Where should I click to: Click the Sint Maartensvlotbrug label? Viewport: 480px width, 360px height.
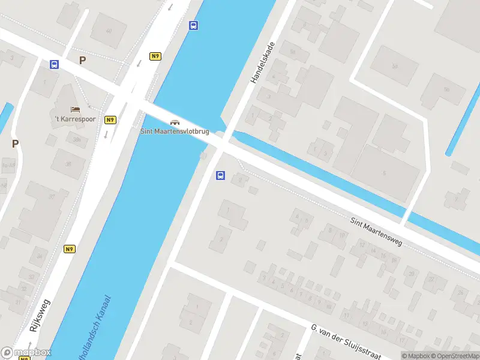[x=175, y=131]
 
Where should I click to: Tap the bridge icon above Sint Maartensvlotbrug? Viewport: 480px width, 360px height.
[x=175, y=122]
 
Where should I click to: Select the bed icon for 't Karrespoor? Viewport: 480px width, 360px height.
[x=75, y=109]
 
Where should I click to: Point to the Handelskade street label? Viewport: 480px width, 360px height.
[x=262, y=62]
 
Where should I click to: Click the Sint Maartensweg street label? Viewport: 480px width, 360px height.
[x=376, y=232]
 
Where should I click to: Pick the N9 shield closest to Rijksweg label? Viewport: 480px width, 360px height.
[x=70, y=249]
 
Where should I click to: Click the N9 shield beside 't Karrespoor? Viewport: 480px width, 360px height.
[x=110, y=119]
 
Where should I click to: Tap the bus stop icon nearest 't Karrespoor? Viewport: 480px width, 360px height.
[x=55, y=65]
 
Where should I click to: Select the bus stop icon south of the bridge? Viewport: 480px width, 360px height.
[x=220, y=176]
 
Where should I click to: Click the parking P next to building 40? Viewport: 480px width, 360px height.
[x=83, y=60]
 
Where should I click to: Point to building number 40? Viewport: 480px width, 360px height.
[x=109, y=31]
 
